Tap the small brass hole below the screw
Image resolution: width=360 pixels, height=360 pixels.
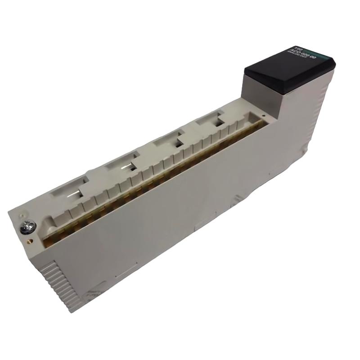pyautogui.click(x=30, y=239)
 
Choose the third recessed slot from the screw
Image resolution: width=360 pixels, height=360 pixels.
pyautogui.click(x=169, y=140)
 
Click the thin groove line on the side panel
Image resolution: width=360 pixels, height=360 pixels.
pyautogui.click(x=126, y=272)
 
